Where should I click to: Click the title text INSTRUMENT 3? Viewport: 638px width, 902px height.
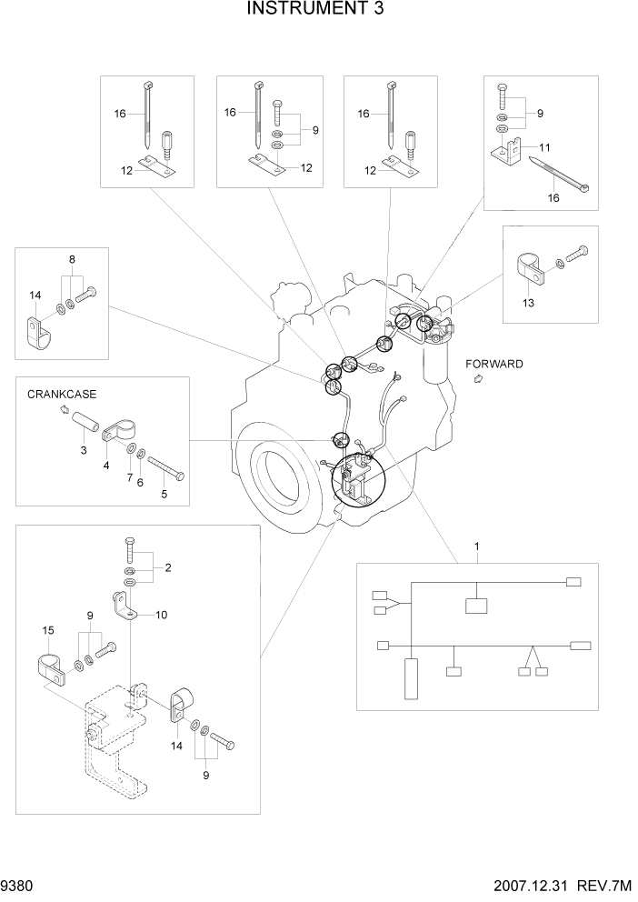pyautogui.click(x=318, y=10)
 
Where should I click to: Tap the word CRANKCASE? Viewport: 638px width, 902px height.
pyautogui.click(x=62, y=395)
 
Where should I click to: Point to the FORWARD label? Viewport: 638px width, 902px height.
pyautogui.click(x=494, y=364)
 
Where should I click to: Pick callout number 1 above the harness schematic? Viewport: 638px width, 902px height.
pyautogui.click(x=476, y=546)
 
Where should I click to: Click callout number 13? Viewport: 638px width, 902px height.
pyautogui.click(x=529, y=302)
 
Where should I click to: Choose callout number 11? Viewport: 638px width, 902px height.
pyautogui.click(x=545, y=146)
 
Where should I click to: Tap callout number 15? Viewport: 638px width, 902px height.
pyautogui.click(x=48, y=629)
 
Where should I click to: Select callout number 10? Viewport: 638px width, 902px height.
pyautogui.click(x=161, y=615)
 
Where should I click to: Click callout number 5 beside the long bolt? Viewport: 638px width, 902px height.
pyautogui.click(x=164, y=495)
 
